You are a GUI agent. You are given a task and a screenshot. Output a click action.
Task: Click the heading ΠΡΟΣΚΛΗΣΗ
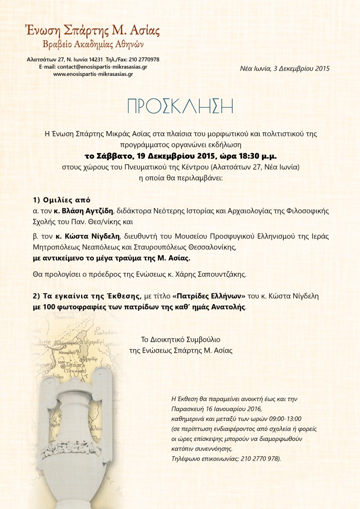click(180, 107)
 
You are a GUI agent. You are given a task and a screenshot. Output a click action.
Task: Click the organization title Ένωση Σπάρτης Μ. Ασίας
click(93, 31)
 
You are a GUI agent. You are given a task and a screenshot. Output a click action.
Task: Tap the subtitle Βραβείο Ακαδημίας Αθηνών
click(93, 45)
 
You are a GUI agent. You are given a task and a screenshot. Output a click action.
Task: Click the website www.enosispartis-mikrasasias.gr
click(93, 74)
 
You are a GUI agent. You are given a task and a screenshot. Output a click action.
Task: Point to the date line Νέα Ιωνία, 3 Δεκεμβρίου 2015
click(285, 69)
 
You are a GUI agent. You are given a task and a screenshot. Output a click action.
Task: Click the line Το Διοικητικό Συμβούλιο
click(180, 339)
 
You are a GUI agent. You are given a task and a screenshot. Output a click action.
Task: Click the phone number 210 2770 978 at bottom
click(253, 459)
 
